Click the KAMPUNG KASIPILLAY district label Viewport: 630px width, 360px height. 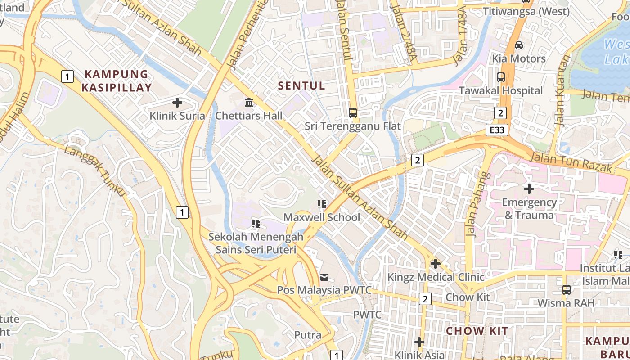pyautogui.click(x=117, y=81)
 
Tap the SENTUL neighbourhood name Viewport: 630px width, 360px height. pyautogui.click(x=301, y=85)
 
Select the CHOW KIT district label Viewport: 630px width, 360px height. pyautogui.click(x=477, y=331)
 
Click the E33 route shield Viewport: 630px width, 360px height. pyautogui.click(x=497, y=130)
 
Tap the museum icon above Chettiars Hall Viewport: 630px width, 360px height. pyautogui.click(x=248, y=103)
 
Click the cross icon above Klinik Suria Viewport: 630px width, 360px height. pyautogui.click(x=177, y=103)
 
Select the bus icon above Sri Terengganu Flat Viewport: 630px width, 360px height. pyautogui.click(x=353, y=113)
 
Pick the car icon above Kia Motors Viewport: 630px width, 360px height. pyautogui.click(x=518, y=45)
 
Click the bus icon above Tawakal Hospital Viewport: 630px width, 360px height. pyautogui.click(x=501, y=77)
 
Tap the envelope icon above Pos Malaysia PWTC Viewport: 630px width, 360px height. pyautogui.click(x=324, y=277)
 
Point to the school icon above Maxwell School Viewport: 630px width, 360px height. pyautogui.click(x=322, y=204)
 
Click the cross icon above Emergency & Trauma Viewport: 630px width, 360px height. pyautogui.click(x=529, y=189)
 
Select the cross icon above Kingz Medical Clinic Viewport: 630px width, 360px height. pyautogui.click(x=435, y=264)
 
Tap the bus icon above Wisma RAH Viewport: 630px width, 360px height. pyautogui.click(x=566, y=290)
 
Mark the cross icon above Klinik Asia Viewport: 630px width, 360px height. pyautogui.click(x=419, y=342)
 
